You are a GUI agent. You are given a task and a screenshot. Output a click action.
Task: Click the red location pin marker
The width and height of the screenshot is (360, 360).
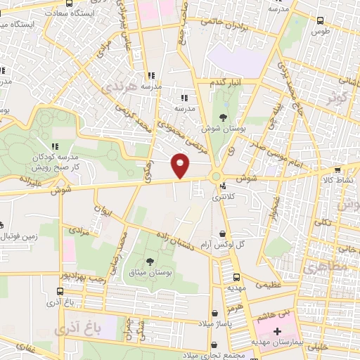[x=181, y=165]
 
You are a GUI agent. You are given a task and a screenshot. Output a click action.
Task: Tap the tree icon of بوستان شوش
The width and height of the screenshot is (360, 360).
[x=224, y=117]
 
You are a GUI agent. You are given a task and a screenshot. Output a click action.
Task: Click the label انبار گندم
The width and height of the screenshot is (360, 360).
[x=226, y=82]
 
